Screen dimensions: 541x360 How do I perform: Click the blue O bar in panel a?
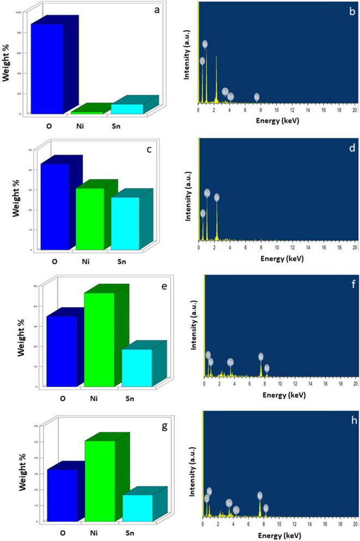pos(47,69)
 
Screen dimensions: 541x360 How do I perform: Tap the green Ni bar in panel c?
pos(89,218)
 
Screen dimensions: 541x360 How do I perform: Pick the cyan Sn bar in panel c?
pos(125,223)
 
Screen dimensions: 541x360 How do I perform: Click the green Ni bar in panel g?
pos(100,480)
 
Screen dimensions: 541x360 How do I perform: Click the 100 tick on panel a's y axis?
pos(19,12)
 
